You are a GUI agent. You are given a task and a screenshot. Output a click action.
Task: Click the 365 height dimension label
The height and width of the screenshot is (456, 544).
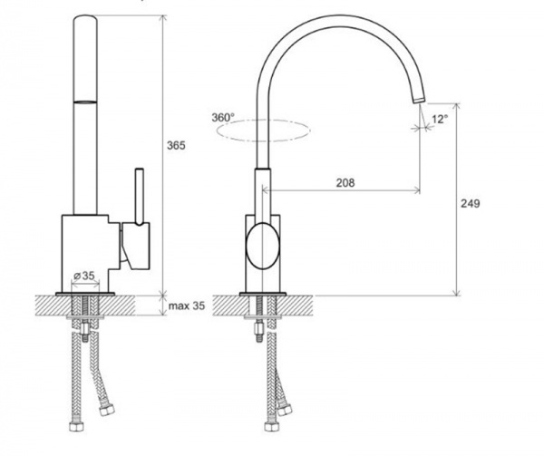[176, 146]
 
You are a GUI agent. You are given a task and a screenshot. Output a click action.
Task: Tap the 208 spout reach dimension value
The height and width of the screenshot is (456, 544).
[345, 182]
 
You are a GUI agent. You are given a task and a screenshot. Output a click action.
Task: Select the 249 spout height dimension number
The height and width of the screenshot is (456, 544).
[470, 204]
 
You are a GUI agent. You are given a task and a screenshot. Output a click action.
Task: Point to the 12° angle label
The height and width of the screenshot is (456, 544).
[440, 120]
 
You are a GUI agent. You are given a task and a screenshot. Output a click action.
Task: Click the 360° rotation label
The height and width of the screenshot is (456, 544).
[223, 118]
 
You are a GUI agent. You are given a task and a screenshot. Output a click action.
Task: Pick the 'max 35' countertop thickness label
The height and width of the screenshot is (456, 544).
[187, 306]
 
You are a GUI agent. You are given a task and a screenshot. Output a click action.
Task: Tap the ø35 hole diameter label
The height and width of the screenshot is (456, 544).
[84, 276]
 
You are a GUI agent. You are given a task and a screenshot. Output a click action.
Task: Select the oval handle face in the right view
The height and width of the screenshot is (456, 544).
[262, 246]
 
